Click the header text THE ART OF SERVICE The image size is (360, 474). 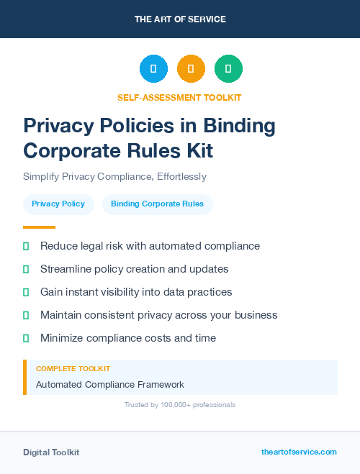(x=180, y=19)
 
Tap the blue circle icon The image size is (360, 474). (x=153, y=69)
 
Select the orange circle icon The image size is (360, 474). (x=191, y=69)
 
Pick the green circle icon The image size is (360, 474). (x=228, y=69)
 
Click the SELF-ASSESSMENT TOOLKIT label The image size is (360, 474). (x=179, y=97)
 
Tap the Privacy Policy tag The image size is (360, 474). (x=58, y=204)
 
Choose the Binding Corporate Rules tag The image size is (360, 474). (x=157, y=204)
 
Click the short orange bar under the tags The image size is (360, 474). (x=35, y=227)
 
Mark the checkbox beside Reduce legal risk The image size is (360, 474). (x=26, y=246)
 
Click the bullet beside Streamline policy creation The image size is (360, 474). (x=26, y=269)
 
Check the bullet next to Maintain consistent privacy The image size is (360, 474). (x=26, y=315)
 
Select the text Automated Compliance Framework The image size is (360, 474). (x=110, y=385)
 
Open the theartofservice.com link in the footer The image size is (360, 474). (x=299, y=452)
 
